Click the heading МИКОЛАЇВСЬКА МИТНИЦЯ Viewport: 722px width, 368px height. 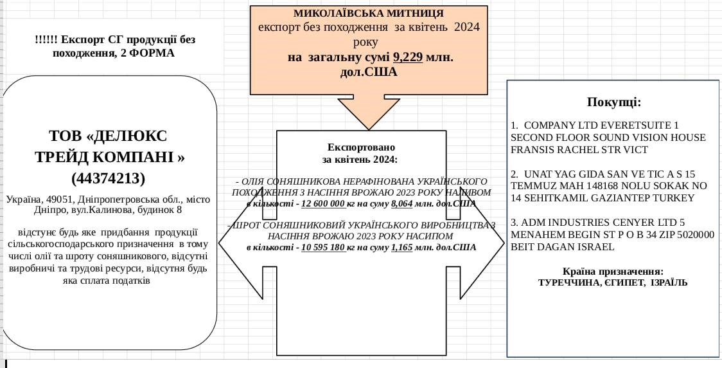coord(368,13)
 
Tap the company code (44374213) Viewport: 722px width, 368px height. coord(108,178)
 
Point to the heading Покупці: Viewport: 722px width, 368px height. coord(613,102)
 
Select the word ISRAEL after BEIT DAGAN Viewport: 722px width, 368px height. coord(597,246)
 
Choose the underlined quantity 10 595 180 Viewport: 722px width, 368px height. coord(323,247)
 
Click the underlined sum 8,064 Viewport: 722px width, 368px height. coord(402,204)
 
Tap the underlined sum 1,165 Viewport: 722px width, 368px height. coord(402,247)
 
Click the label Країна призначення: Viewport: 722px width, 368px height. coord(613,271)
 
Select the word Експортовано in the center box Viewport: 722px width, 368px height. coord(361,147)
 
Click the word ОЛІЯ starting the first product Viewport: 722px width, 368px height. coord(253,182)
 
